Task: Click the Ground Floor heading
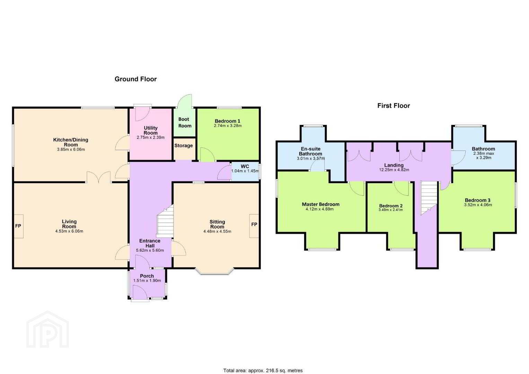coord(135,79)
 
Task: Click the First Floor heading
coord(394,106)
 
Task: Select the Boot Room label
coord(185,123)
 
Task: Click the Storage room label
coord(184,145)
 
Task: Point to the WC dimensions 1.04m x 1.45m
coord(245,171)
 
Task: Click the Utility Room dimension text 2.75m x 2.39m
coord(151,137)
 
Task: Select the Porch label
coord(147,276)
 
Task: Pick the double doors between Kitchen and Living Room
coord(99,177)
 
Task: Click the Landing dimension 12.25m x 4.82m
coord(394,170)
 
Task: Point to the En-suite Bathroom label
coord(310,151)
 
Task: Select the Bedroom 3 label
coord(477,200)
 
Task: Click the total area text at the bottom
coord(263,371)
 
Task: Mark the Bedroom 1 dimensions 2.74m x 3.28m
coord(228,126)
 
